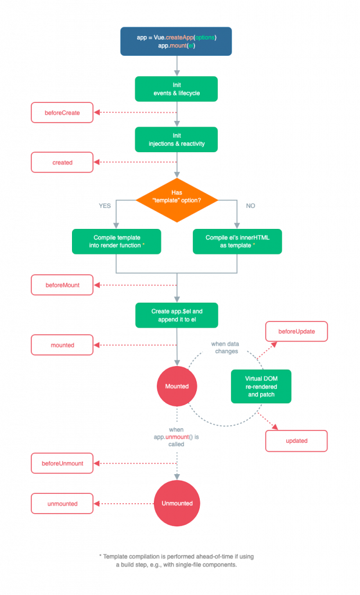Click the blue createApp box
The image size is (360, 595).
click(x=176, y=41)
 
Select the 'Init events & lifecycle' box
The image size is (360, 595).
click(x=177, y=89)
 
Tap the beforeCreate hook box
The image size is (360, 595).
click(x=62, y=113)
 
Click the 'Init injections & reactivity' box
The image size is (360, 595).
click(x=177, y=139)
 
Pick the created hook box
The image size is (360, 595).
click(x=62, y=163)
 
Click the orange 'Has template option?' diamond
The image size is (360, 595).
click(x=177, y=200)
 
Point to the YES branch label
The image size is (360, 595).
click(x=105, y=206)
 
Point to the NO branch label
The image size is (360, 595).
click(x=250, y=206)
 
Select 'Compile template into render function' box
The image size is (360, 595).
click(x=117, y=241)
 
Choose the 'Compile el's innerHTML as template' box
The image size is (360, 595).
click(x=237, y=241)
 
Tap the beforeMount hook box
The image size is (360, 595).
click(x=62, y=285)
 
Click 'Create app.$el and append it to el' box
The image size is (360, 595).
click(x=177, y=316)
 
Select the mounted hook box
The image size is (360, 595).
click(x=62, y=345)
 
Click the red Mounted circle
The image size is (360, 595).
click(x=177, y=386)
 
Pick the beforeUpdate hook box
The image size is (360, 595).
click(x=297, y=331)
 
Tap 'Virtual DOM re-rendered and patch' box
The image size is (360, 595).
click(x=261, y=386)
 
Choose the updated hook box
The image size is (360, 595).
click(x=297, y=441)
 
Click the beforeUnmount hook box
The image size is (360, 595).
click(x=62, y=463)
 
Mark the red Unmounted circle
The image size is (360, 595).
click(x=177, y=503)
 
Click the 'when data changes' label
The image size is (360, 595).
click(x=225, y=347)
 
